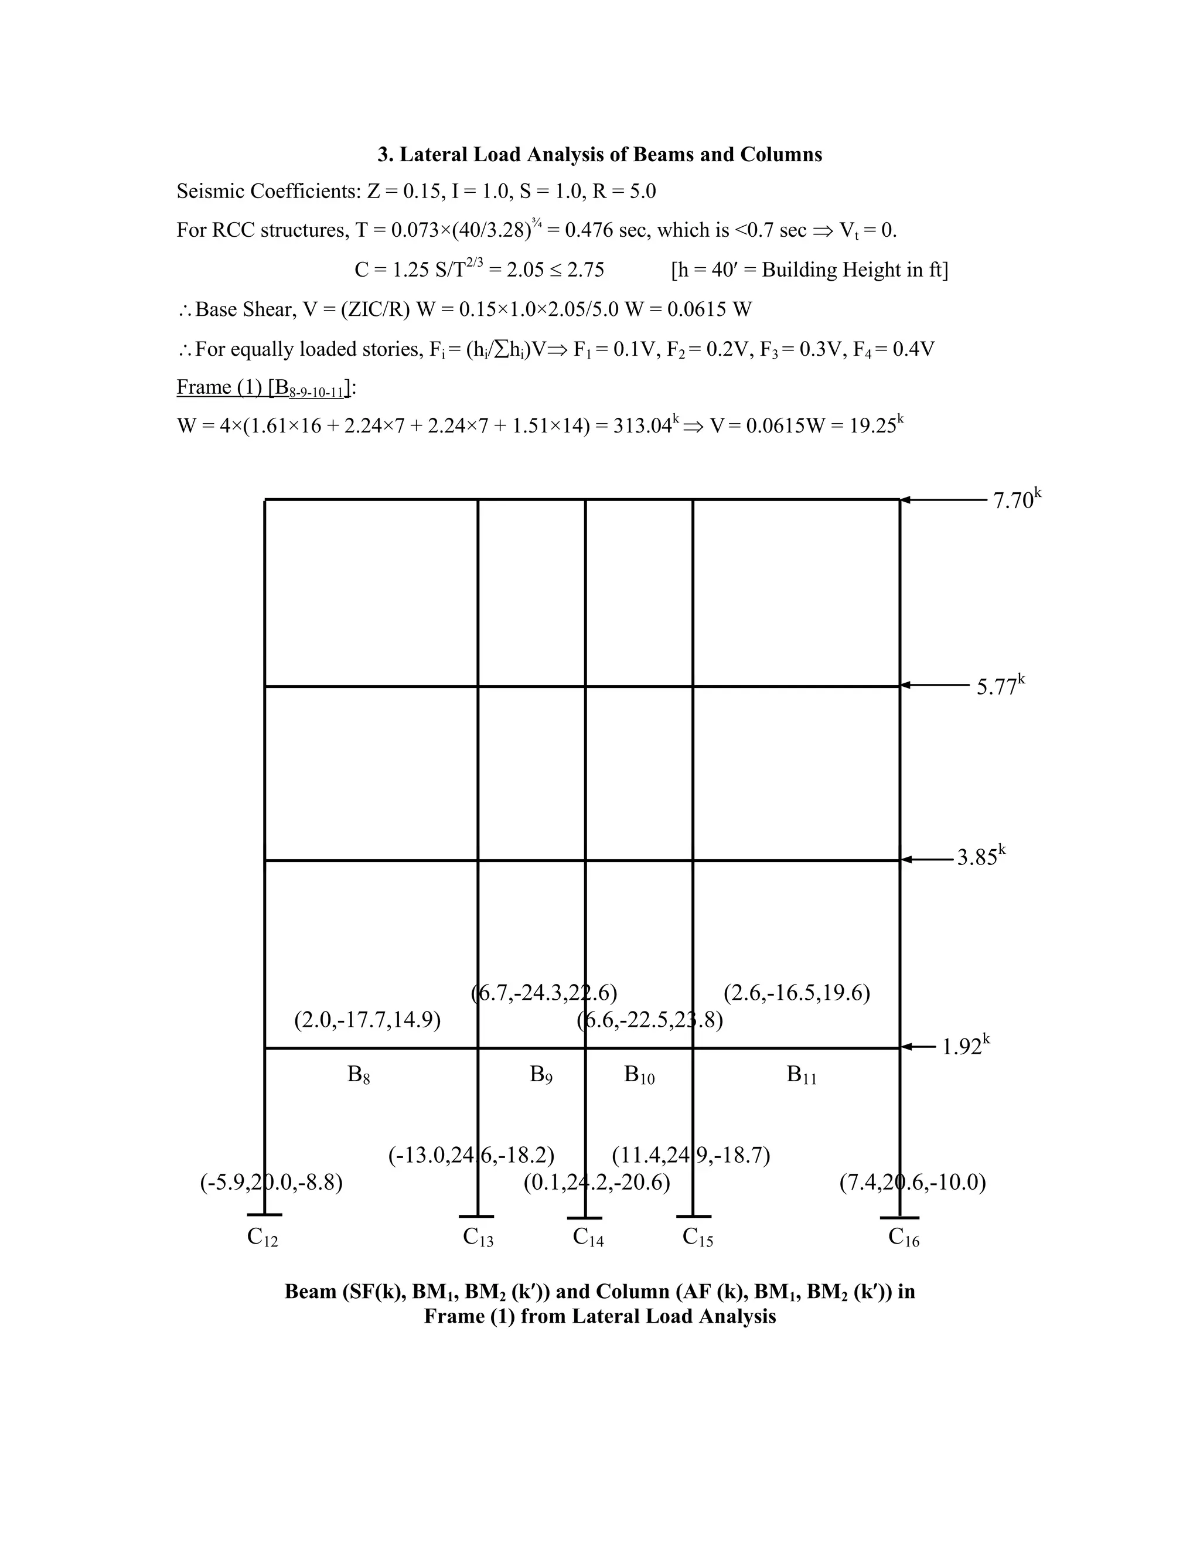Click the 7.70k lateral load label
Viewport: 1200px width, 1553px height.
click(x=1016, y=500)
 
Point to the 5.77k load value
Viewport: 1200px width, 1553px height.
click(x=1000, y=686)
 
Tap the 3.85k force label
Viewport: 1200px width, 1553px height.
click(x=980, y=857)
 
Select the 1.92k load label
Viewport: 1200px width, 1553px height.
click(x=964, y=1047)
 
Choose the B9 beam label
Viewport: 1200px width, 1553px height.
click(x=541, y=1075)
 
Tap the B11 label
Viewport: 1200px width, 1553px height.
click(x=802, y=1075)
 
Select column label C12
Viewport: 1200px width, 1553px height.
click(x=262, y=1238)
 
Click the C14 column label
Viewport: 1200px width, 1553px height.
click(x=588, y=1238)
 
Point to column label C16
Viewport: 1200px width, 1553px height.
click(x=904, y=1238)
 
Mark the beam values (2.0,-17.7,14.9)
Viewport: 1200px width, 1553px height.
click(x=367, y=1020)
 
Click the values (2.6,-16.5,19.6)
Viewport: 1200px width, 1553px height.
click(x=797, y=993)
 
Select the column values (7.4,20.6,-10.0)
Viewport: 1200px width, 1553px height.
click(x=913, y=1183)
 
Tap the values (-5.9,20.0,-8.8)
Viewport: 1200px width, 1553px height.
click(x=271, y=1183)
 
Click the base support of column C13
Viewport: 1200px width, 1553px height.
click(x=476, y=1216)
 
